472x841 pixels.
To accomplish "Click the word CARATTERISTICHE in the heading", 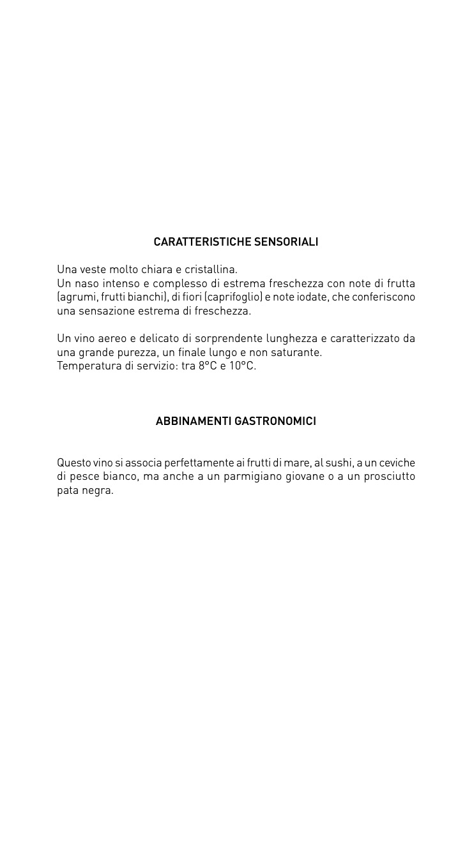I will (202, 242).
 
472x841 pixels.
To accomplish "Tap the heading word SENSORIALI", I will (286, 242).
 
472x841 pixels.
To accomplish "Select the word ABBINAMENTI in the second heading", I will (194, 421).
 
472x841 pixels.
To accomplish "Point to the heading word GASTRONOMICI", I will (275, 421).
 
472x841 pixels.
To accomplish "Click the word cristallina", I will (211, 269).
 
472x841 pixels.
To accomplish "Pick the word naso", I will (88, 283).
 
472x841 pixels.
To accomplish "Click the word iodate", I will (310, 297).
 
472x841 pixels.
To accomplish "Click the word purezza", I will (137, 352).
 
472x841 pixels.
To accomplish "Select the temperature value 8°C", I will (208, 366).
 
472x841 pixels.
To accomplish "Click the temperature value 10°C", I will (242, 366).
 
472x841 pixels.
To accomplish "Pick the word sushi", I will (339, 463).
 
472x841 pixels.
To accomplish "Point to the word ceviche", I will (397, 463).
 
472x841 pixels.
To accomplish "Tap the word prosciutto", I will (390, 477).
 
